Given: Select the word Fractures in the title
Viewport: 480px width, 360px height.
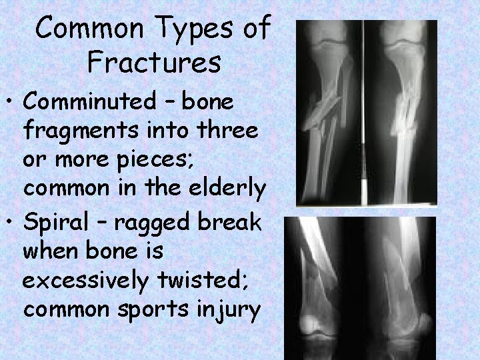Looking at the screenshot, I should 154,63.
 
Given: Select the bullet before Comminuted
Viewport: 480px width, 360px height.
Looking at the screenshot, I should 11,103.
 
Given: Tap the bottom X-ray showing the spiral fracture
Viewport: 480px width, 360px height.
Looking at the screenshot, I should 359,287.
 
